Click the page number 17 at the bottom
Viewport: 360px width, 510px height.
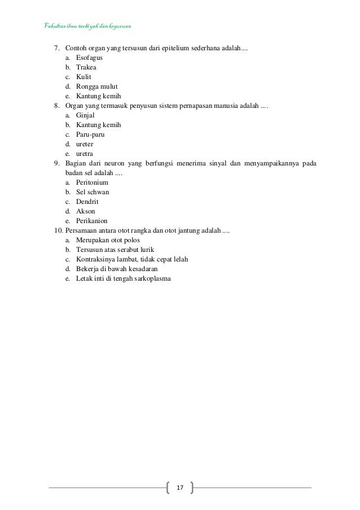point(181,487)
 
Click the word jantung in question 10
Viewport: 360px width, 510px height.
point(189,230)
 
